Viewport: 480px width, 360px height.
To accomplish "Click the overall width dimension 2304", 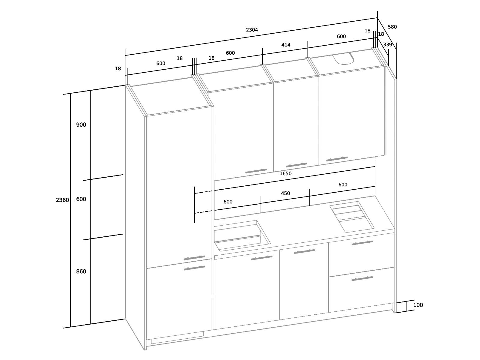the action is pos(252,30).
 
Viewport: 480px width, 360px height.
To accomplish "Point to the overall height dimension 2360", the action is pos(62,200).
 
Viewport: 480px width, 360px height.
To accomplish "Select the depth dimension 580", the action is pos(392,27).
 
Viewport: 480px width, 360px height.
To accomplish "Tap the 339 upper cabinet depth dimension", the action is pos(387,45).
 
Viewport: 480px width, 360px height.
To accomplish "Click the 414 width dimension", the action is pos(286,45).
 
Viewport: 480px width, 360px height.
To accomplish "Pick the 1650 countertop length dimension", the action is pos(285,174).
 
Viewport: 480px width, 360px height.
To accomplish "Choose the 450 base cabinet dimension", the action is pos(285,193).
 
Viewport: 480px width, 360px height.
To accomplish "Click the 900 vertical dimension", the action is pos(81,125).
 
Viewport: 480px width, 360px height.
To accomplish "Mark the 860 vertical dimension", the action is pos(81,271).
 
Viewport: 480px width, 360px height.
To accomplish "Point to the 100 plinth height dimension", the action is pos(418,305).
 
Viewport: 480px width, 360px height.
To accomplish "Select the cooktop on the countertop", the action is pos(352,217).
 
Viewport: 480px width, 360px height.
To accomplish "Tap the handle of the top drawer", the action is pos(362,243).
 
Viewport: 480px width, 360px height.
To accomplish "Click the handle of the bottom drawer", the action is pos(362,279).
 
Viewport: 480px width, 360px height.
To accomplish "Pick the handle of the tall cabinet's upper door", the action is pos(194,258).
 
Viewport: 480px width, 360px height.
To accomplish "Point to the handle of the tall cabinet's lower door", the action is pos(194,268).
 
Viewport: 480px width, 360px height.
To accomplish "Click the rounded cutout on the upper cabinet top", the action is pos(343,58).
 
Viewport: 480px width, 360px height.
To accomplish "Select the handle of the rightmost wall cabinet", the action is pos(337,159).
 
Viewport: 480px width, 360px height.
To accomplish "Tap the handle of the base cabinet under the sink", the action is pos(262,258).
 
